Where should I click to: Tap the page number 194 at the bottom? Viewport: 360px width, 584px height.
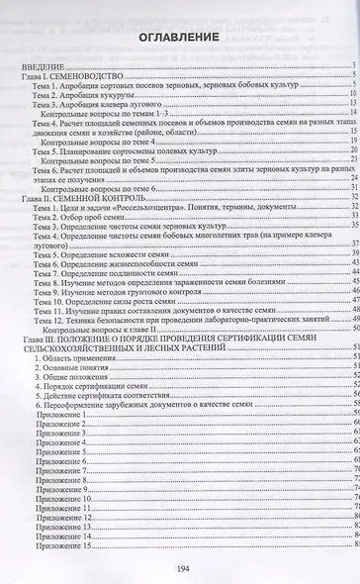(x=180, y=568)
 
